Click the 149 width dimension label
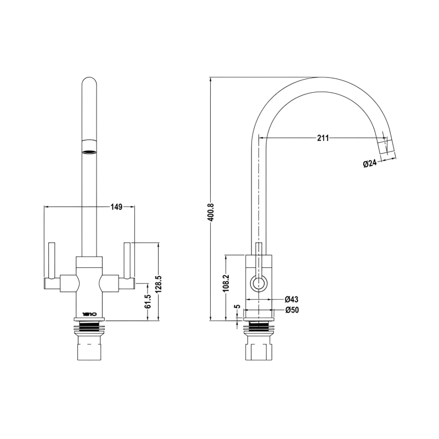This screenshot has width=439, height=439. click(116, 207)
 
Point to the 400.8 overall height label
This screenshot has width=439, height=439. click(210, 212)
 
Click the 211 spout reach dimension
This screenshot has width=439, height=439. click(323, 138)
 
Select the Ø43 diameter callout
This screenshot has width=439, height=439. click(291, 300)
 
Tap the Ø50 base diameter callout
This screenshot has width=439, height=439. click(291, 310)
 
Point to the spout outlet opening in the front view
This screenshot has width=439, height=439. click(89, 144)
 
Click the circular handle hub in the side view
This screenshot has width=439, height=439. click(258, 284)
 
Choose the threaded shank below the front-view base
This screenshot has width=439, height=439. click(89, 328)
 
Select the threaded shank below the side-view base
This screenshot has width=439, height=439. click(258, 328)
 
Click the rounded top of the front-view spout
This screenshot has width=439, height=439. click(89, 82)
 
